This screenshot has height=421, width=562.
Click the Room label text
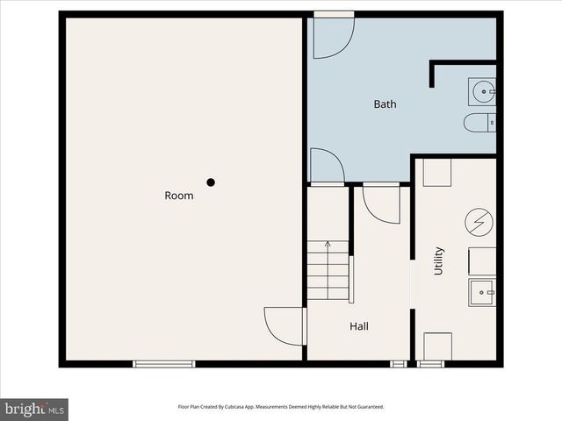(178, 196)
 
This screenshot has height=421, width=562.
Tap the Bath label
(385, 104)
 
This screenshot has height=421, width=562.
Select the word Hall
(359, 326)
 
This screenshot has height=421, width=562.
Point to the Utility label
(438, 260)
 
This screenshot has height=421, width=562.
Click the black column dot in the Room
(211, 182)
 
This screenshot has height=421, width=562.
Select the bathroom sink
(482, 90)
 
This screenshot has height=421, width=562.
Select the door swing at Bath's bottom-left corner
(326, 167)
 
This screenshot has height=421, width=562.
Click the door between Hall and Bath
(381, 203)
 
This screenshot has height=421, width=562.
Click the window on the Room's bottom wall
(164, 363)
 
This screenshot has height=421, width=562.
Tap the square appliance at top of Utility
(436, 172)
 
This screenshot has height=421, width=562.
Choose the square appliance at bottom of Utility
(437, 346)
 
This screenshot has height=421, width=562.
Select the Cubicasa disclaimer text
(281, 407)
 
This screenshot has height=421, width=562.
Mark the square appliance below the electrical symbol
(481, 260)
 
